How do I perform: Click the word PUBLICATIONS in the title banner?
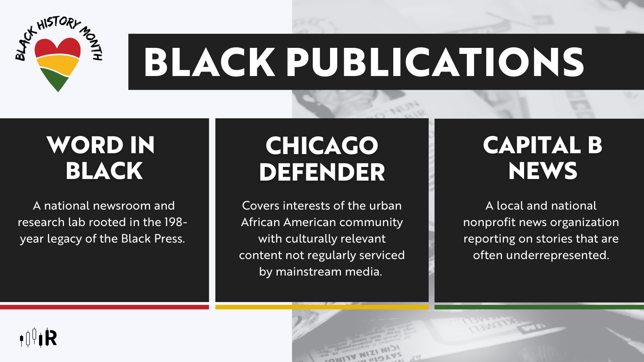click(435, 62)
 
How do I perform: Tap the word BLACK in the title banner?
click(210, 62)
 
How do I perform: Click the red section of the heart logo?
click(58, 47)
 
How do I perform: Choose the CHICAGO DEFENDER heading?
click(322, 159)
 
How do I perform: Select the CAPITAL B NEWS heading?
click(543, 158)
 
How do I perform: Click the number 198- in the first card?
click(176, 222)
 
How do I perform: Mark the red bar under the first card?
click(104, 307)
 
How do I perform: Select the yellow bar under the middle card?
click(322, 307)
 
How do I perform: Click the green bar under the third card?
click(539, 307)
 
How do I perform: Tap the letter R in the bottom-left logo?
click(51, 338)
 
